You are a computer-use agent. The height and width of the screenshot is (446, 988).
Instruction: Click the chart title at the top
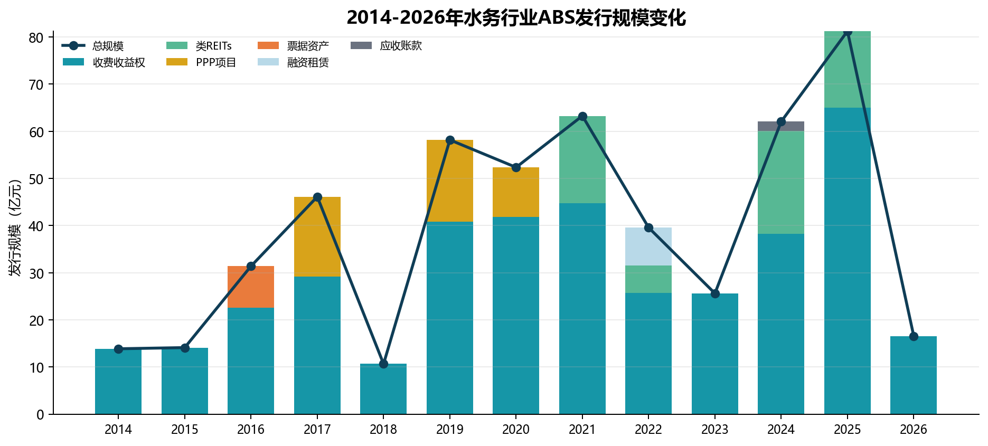click(516, 17)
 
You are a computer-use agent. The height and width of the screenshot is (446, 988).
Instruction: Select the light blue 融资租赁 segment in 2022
click(648, 246)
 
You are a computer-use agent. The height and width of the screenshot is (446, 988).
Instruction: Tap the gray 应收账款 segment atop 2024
click(781, 126)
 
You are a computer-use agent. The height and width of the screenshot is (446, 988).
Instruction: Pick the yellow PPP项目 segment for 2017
click(317, 237)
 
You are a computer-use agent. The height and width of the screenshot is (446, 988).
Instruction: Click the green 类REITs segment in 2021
click(582, 160)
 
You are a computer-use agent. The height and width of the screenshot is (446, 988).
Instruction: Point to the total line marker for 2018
click(383, 364)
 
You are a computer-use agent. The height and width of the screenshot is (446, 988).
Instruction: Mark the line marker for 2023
click(715, 293)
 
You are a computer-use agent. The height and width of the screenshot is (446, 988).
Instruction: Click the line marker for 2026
click(914, 336)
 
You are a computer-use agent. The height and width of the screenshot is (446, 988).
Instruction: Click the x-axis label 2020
click(516, 430)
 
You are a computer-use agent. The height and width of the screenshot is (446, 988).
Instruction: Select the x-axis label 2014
click(118, 430)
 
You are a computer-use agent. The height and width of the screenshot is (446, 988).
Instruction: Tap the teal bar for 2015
click(185, 381)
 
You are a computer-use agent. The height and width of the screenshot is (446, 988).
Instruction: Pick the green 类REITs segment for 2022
click(648, 279)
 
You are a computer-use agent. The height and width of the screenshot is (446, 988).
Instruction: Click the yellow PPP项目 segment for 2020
click(516, 192)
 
